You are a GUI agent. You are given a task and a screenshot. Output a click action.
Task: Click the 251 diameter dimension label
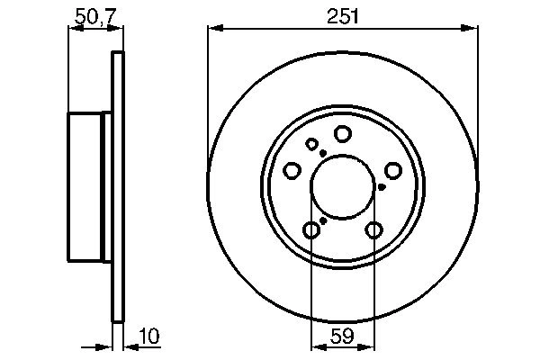coord(342,15)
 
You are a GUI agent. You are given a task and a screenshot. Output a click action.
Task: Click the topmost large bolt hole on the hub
coord(342,134)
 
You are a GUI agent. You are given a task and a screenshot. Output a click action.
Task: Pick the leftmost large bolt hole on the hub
coord(292,171)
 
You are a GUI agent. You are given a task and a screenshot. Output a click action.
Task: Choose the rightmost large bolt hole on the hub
coord(393,170)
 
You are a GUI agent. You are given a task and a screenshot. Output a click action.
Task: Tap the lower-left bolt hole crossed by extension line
coord(311,230)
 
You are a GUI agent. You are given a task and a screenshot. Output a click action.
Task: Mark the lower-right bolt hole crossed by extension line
coord(373,230)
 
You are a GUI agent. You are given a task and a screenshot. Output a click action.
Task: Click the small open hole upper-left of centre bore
coord(312,144)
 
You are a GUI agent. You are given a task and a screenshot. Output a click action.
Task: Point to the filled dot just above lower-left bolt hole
coord(322,220)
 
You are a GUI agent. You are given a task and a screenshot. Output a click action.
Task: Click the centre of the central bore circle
coord(342,187)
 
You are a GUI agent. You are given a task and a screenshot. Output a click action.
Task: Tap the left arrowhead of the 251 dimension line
coord(213,30)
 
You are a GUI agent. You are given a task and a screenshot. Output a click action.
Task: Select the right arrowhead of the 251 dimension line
coord(472,30)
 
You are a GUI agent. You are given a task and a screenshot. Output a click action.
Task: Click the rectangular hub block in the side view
coord(89,186)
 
